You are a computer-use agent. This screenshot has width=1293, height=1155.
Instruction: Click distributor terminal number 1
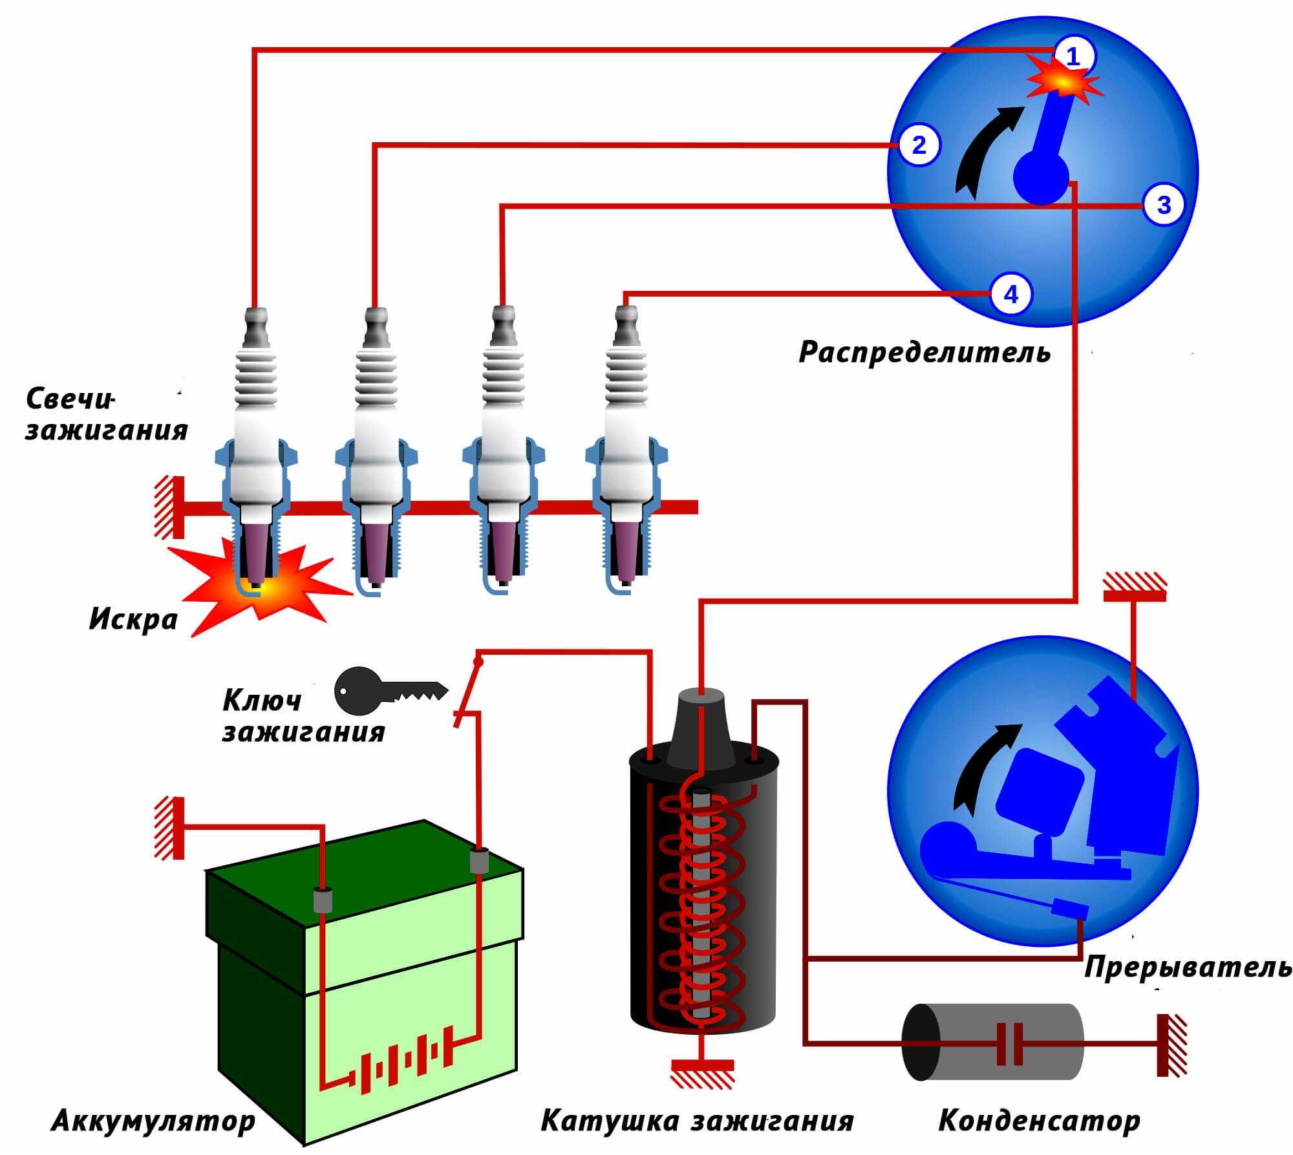(1073, 57)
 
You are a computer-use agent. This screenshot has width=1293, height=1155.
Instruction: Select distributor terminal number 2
(919, 145)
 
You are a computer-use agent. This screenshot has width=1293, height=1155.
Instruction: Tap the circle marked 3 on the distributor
(1164, 205)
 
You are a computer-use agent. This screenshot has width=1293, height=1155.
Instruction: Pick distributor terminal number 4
(1011, 295)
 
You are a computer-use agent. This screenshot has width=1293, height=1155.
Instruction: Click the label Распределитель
(924, 352)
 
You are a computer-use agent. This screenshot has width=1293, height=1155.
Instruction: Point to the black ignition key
(388, 692)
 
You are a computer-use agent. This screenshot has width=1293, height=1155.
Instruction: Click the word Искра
(133, 619)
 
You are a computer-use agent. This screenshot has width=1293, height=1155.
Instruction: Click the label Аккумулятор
(153, 1121)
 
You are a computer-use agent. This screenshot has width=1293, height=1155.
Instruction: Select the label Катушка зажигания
(697, 1121)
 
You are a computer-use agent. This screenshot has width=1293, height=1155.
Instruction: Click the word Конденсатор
(1039, 1121)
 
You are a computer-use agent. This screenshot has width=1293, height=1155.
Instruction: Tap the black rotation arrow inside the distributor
(983, 149)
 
